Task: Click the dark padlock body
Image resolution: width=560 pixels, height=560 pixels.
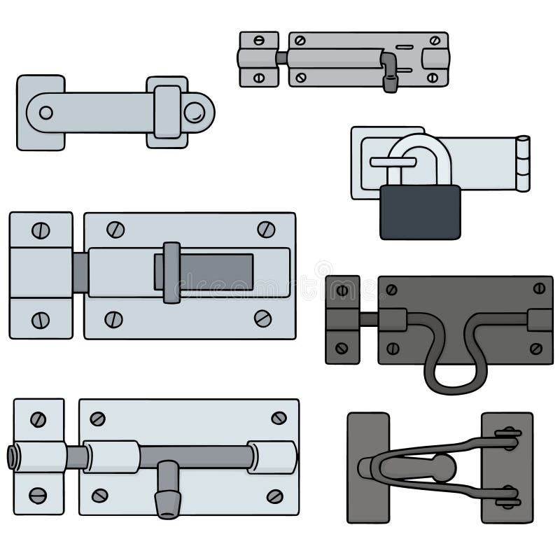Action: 420,212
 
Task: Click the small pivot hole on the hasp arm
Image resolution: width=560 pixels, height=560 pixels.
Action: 45,112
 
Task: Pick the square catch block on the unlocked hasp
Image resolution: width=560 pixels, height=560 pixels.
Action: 167,112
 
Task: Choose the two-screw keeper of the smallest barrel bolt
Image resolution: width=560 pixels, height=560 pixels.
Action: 259,59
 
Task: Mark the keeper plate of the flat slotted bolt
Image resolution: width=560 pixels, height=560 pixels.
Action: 41,275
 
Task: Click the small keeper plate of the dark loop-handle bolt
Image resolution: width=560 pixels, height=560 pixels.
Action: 342,319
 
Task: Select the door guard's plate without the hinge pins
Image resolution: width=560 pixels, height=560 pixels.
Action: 367,467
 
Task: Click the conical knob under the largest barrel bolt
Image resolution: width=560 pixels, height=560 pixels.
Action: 168,498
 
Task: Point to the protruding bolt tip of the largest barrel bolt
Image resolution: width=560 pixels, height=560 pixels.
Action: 14,456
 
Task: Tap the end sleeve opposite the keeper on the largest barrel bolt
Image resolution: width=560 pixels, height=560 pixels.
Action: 273,456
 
